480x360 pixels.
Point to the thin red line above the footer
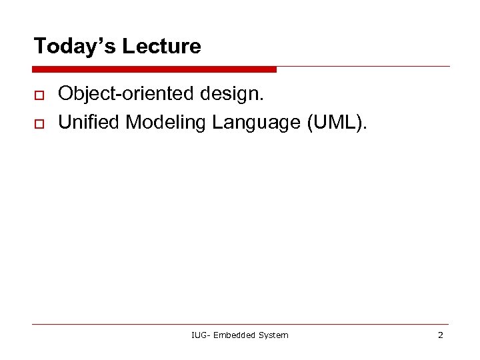click(x=240, y=325)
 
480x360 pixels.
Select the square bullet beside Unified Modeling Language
click(x=38, y=125)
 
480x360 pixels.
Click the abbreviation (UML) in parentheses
click(x=337, y=122)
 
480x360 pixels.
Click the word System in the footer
click(x=274, y=335)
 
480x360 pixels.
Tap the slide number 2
click(x=440, y=335)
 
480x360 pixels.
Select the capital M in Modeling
click(x=132, y=122)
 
